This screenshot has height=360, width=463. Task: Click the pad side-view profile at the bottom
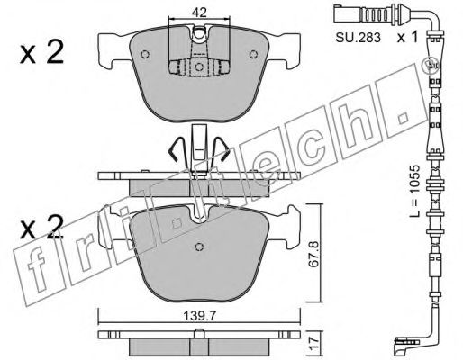196,344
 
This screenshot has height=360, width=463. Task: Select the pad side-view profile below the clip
196,183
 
